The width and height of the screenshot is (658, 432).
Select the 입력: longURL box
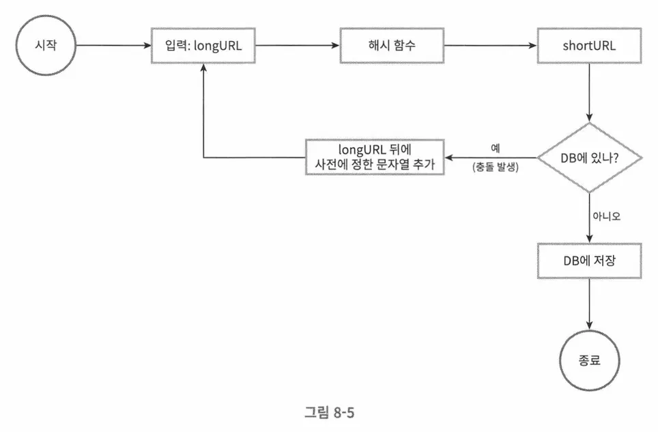[x=203, y=46]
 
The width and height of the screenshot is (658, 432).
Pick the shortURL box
[x=589, y=46]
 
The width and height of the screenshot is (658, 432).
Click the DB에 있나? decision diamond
[x=589, y=158]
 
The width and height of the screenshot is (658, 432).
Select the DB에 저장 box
[x=589, y=260]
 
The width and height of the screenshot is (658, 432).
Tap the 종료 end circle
[x=589, y=360]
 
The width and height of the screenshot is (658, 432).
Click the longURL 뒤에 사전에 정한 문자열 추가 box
[x=373, y=158]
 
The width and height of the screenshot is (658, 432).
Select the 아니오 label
[x=606, y=215]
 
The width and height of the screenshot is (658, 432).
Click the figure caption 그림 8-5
[x=330, y=413]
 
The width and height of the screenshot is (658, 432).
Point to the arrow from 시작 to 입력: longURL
[x=113, y=46]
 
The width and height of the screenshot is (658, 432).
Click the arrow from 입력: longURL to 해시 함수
[x=297, y=46]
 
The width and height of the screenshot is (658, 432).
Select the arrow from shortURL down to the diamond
[x=589, y=92]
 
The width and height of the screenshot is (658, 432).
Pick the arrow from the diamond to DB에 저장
[x=589, y=217]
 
